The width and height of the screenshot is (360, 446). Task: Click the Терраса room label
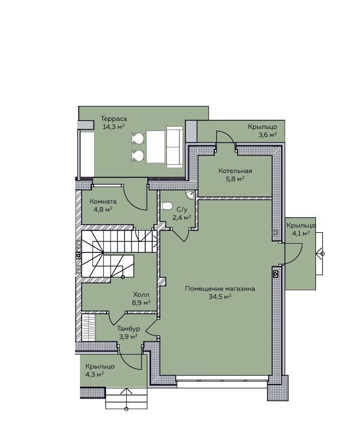[x=114, y=119]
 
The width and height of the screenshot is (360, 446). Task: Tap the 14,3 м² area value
[x=114, y=127]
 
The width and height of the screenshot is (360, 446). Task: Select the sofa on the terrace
[x=175, y=147]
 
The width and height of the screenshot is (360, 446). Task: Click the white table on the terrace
[x=156, y=147]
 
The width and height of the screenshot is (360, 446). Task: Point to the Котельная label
[x=235, y=171]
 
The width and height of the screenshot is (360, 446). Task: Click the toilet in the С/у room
[x=166, y=206]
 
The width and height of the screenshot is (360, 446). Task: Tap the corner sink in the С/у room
[x=190, y=195]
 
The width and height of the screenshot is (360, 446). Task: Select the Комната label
[x=103, y=201]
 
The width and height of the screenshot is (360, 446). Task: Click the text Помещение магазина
[x=220, y=289]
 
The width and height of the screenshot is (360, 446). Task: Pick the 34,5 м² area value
[x=220, y=296]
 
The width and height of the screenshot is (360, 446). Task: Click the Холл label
[x=141, y=295]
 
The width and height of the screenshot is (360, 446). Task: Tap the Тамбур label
[x=128, y=329]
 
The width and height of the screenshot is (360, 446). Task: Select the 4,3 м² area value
[x=95, y=374]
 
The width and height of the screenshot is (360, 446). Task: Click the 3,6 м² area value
[x=268, y=134]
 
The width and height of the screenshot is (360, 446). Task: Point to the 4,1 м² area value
[x=301, y=233]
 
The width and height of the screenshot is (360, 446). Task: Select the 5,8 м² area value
[x=235, y=179]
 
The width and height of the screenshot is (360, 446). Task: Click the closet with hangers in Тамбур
[x=89, y=327]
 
